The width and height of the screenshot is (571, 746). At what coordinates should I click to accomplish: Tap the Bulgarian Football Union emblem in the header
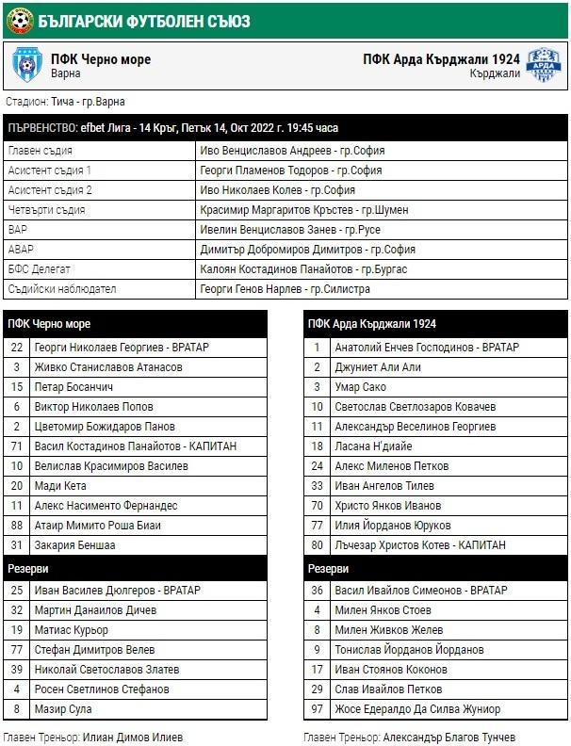18,18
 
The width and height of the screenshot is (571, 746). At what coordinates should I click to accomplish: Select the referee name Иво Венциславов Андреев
292,151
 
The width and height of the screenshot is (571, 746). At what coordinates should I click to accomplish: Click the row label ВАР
19,230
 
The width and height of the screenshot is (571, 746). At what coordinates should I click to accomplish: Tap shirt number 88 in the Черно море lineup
16,526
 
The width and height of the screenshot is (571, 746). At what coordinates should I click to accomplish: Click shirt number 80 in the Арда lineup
318,545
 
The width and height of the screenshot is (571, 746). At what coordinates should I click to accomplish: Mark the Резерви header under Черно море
29,570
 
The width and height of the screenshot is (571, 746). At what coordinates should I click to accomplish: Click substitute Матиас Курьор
72,630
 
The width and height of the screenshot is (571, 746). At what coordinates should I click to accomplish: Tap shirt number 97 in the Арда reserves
318,709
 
